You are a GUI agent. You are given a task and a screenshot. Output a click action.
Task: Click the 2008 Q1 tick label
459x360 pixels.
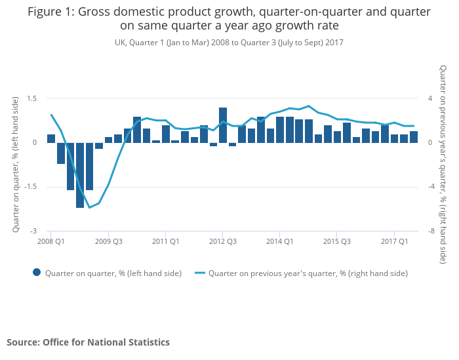(50, 241)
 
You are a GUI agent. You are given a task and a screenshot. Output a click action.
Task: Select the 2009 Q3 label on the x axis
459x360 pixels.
(109, 241)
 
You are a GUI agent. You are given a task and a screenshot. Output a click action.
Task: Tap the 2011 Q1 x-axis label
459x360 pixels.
(166, 241)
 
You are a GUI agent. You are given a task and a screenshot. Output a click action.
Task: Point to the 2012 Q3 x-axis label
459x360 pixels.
(223, 241)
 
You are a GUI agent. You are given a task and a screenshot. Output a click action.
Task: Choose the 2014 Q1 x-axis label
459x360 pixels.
(280, 241)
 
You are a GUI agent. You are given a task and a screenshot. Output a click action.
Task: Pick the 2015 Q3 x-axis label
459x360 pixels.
(337, 241)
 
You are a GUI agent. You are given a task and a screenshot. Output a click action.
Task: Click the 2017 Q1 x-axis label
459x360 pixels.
(395, 241)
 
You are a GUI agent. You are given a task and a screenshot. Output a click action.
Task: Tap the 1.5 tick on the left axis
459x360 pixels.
(31, 98)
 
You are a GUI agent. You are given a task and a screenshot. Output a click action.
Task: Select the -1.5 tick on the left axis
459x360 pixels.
(30, 187)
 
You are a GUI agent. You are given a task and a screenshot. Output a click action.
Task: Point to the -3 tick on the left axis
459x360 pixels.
(33, 231)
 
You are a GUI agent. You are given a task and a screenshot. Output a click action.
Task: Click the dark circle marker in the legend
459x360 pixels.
(37, 273)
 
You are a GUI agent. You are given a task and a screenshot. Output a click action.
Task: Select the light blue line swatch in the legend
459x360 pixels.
(199, 273)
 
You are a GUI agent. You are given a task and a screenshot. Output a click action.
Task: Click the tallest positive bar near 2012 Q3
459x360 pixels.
(223, 125)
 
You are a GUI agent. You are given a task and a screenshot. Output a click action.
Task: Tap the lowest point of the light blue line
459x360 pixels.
(89, 207)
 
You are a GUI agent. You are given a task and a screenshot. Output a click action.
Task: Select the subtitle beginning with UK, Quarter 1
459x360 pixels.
(229, 42)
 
